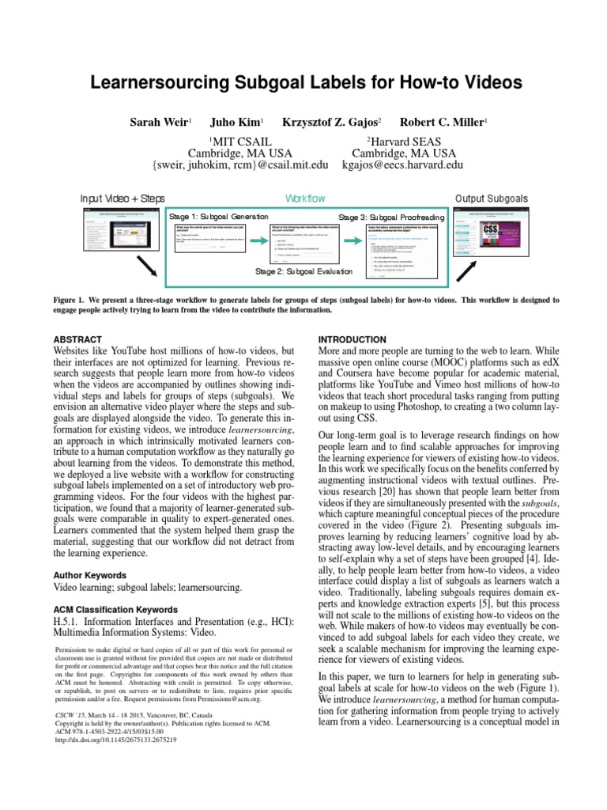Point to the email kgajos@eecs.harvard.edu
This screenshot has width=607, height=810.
403,165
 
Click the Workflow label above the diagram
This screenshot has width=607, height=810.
304,199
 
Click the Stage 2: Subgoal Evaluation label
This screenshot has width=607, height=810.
304,272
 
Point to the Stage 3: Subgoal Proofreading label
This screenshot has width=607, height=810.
392,217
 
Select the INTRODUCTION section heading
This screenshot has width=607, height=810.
352,339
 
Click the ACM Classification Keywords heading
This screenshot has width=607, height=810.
115,610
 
